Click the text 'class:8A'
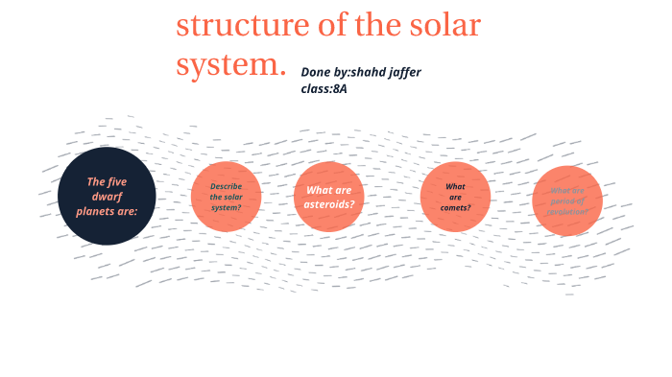click(324, 88)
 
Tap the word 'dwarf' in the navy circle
click(107, 197)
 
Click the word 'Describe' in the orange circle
click(226, 186)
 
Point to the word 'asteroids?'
click(328, 203)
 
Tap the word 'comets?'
click(455, 207)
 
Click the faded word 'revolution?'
click(567, 212)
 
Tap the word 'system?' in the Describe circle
click(226, 207)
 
